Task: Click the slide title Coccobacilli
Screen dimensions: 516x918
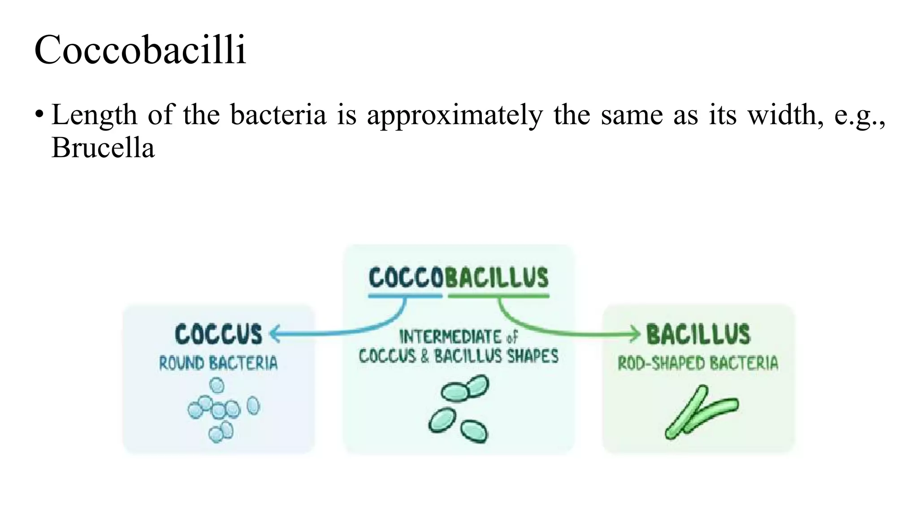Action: [140, 50]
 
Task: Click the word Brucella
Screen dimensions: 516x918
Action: [103, 147]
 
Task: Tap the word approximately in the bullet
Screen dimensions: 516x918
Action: [455, 115]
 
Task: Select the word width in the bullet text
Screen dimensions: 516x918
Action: [785, 115]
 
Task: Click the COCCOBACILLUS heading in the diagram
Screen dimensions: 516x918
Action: [458, 278]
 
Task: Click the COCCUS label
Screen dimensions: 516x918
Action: [219, 335]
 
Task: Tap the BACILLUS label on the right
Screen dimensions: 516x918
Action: [698, 335]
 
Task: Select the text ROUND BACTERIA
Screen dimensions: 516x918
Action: [218, 363]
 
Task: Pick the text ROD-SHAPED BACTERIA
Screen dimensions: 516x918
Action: [698, 363]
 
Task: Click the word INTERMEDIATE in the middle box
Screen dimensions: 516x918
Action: [450, 337]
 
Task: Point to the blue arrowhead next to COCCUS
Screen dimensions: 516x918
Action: [274, 334]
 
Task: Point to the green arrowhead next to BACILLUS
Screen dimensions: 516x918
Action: [636, 334]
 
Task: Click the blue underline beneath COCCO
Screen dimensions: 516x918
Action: [405, 296]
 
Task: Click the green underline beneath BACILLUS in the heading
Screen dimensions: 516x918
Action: [498, 296]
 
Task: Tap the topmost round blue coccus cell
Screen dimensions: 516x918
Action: [217, 385]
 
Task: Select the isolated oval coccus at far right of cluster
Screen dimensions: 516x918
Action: [253, 405]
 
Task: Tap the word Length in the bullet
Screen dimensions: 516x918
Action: [94, 115]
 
